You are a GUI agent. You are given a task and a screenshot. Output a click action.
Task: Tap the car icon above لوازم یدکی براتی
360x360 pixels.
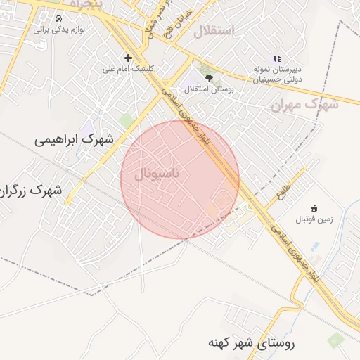[58, 18]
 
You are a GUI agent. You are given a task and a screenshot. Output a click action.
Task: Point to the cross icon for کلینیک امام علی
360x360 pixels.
[128, 58]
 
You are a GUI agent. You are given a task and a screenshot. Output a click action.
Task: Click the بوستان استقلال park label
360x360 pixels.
[208, 89]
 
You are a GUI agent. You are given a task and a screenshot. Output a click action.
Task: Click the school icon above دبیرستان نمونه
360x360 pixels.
[277, 58]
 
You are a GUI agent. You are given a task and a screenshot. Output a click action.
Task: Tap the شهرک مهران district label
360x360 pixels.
[304, 105]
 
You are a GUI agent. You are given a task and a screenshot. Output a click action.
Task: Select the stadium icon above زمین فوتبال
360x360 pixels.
[314, 208]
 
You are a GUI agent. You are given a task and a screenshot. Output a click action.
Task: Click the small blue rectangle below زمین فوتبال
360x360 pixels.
[314, 245]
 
